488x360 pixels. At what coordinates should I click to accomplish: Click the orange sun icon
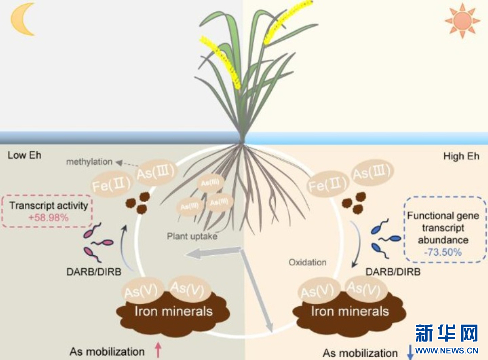[462, 21]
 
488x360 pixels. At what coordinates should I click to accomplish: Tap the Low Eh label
[24, 155]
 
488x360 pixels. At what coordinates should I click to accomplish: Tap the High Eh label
[461, 156]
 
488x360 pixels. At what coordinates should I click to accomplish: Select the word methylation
[89, 162]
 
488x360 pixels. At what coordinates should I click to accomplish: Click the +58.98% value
[48, 217]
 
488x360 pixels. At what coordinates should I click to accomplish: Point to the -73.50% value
[443, 252]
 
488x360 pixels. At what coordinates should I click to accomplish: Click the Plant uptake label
[192, 236]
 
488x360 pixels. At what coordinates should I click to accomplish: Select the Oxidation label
[308, 262]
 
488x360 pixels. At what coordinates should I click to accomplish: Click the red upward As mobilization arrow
[158, 350]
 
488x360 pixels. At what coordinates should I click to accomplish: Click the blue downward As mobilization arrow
[410, 352]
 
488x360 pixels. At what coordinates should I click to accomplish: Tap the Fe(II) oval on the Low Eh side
[111, 184]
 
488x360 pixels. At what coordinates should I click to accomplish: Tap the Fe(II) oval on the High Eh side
[327, 184]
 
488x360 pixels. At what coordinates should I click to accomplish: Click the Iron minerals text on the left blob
[174, 311]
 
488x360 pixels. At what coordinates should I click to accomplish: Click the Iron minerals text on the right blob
[350, 311]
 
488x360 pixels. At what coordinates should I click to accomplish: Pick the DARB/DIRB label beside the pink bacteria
[94, 272]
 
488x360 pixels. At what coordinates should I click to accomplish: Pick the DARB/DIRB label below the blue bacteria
[393, 272]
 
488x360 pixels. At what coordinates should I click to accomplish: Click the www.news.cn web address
[447, 350]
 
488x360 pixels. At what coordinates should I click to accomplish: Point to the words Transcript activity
[49, 206]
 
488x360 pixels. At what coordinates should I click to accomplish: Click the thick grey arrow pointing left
[213, 252]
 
